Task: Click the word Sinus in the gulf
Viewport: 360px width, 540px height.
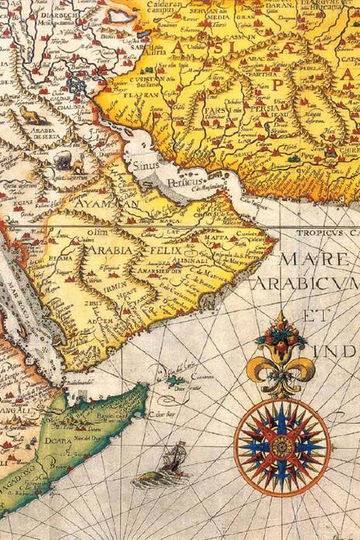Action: pos(145,165)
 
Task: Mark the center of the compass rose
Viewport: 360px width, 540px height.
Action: pos(282,448)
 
